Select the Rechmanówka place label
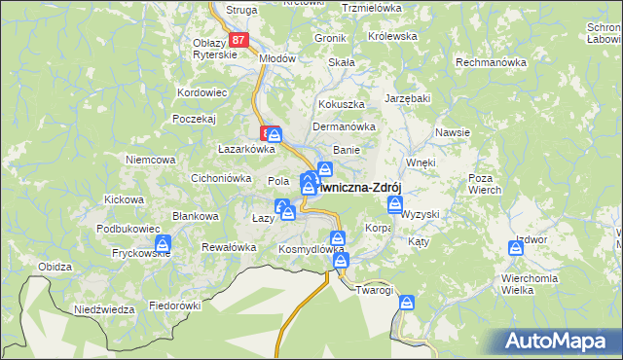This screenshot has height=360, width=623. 492,61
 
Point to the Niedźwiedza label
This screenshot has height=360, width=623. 104,309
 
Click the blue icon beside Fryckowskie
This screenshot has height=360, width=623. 164,243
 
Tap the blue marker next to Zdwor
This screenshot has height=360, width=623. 516,248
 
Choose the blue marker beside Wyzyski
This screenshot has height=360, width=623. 395,203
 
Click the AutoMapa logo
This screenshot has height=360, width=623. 559,342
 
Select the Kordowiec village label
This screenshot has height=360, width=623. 202,92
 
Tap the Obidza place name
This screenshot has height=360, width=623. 55,267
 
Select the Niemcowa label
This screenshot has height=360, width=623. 150,159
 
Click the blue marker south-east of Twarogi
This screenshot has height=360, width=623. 407,304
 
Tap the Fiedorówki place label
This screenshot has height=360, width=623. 174,305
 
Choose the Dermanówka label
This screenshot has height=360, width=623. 344,126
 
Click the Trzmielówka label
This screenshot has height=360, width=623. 373,8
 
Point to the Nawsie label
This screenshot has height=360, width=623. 454,132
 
